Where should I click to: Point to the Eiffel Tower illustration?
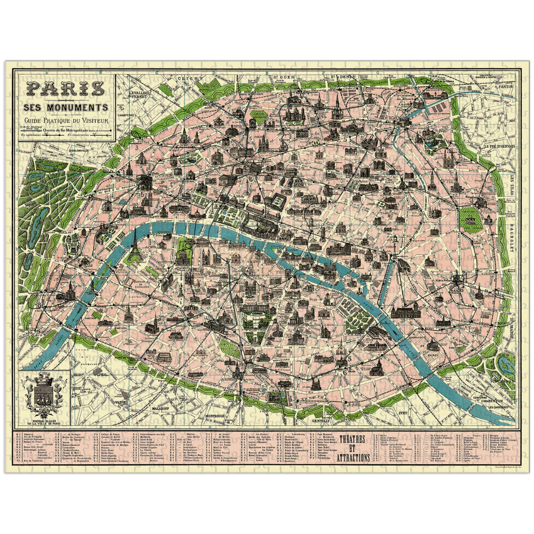[134, 245]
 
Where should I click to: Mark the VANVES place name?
[121, 402]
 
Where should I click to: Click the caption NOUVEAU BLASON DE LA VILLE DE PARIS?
[44, 421]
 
